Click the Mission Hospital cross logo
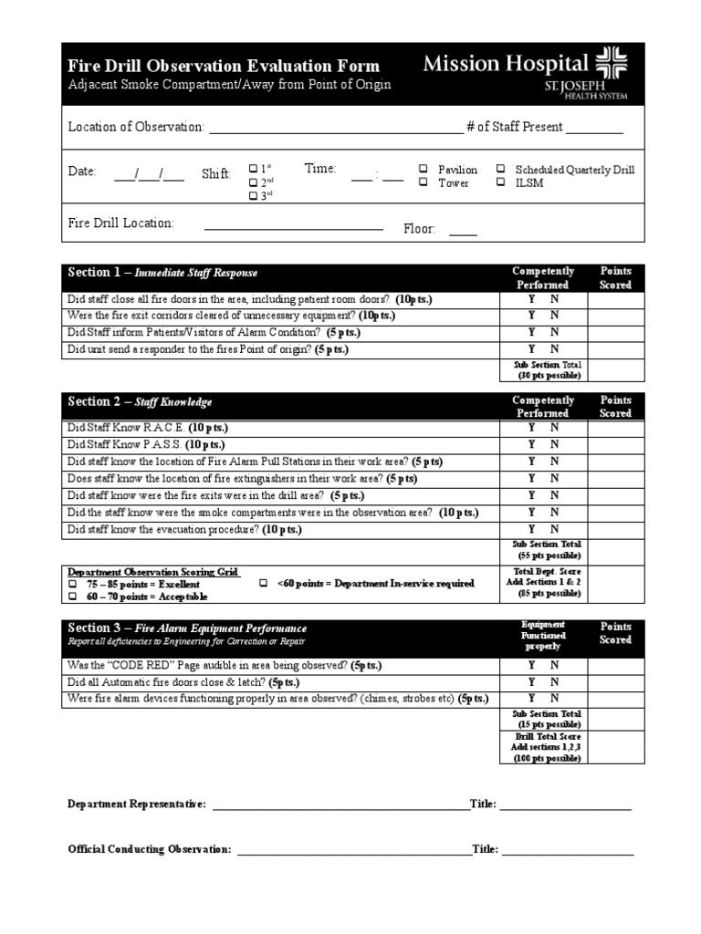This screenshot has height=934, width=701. click(x=612, y=69)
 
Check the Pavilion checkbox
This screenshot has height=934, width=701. click(x=424, y=170)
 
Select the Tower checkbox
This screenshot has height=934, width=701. click(x=424, y=182)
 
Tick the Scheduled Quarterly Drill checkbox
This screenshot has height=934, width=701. click(x=501, y=170)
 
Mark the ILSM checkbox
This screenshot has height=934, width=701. click(x=501, y=182)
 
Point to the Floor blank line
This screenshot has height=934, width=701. click(x=463, y=233)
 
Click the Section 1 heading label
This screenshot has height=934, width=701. click(x=162, y=273)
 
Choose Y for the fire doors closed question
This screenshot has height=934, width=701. click(x=532, y=299)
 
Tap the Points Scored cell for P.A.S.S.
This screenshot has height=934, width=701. click(x=615, y=444)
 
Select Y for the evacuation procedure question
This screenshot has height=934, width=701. click(x=532, y=529)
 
